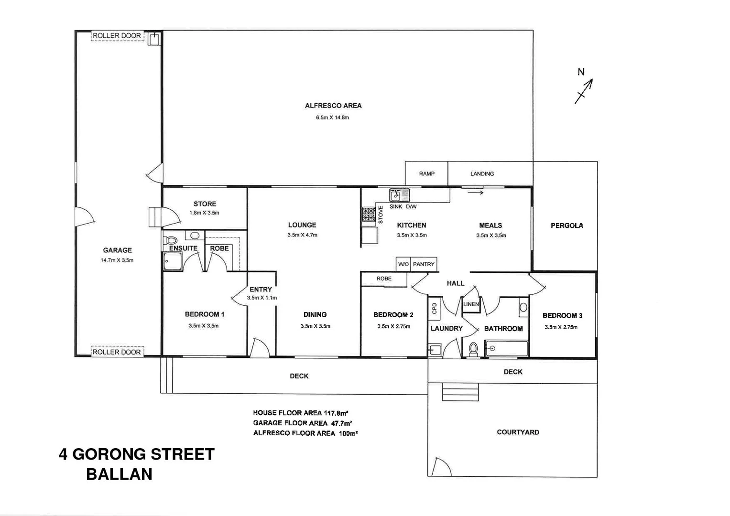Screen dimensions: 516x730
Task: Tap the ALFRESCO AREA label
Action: point(333,106)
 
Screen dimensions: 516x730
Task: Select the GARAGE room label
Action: point(117,250)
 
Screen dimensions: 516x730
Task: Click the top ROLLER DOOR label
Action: point(117,36)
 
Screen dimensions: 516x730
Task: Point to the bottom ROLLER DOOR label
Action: point(117,352)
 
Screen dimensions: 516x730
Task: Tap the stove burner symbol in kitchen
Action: point(369,214)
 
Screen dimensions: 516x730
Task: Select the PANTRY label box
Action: point(424,264)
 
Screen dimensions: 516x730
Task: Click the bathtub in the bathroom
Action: point(506,349)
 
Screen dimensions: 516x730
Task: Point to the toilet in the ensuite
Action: point(170,240)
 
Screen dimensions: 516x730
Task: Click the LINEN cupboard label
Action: point(471,304)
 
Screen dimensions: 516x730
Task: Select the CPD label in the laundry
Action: point(434,308)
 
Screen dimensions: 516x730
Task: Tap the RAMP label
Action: point(427,174)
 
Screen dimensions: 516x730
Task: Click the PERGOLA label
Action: point(567,226)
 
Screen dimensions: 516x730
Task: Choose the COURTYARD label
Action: point(518,432)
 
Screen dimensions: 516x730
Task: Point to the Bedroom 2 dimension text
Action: point(393,327)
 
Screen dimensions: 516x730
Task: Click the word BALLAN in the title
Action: point(119,474)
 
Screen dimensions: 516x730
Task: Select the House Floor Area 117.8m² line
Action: point(300,413)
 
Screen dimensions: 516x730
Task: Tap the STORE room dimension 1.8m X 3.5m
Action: point(204,213)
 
